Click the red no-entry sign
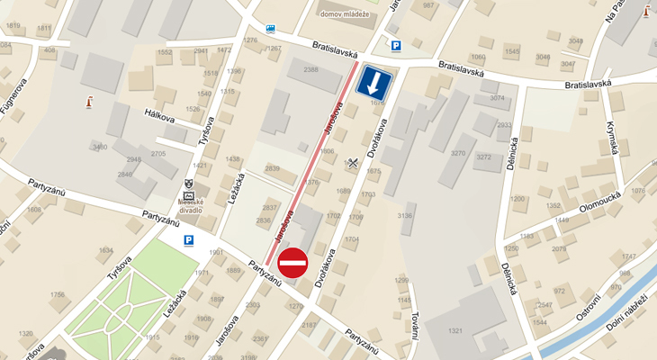(x=293, y=263)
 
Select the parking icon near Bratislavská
(x=394, y=46)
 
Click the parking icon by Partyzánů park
(x=189, y=240)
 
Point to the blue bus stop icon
(x=271, y=29)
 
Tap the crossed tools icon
(x=352, y=163)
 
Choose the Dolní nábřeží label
(x=627, y=311)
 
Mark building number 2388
(x=310, y=69)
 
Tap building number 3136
(x=405, y=216)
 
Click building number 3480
(x=100, y=147)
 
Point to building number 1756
(x=58, y=294)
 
